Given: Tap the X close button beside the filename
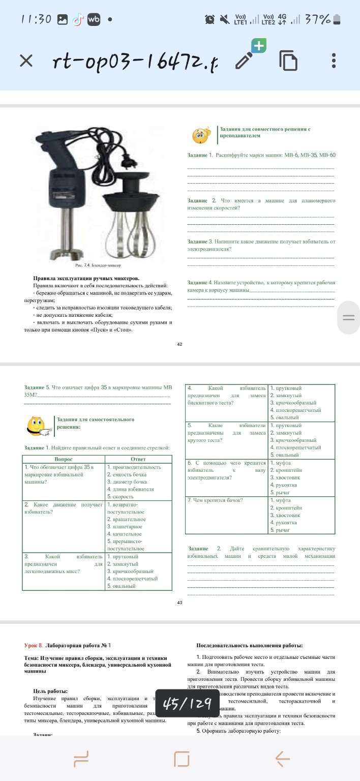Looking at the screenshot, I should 26,61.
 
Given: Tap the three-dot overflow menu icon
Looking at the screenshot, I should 334,61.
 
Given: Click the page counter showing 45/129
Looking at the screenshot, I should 187,704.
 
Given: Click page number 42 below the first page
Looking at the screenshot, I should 179,344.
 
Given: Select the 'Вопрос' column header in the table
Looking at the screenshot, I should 63,459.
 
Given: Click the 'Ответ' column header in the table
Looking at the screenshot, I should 138,459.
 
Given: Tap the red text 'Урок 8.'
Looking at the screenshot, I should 34,645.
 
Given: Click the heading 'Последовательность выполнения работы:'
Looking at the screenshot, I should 249,646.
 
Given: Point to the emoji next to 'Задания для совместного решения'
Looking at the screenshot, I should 200,135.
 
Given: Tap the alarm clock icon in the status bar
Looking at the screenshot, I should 209,19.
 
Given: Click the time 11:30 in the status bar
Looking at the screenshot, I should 36,19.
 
